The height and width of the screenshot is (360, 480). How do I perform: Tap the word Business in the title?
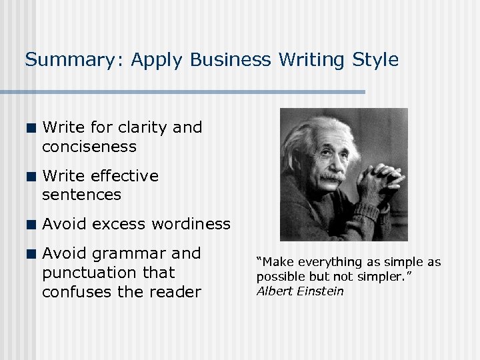click(x=230, y=60)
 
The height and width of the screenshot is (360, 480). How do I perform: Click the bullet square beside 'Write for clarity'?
click(x=31, y=128)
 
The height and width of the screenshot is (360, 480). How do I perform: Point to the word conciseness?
click(x=89, y=147)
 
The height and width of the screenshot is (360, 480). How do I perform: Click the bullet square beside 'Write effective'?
click(x=31, y=177)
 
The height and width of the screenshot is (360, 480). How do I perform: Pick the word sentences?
click(x=81, y=195)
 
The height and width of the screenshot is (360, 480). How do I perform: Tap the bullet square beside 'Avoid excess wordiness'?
click(x=31, y=225)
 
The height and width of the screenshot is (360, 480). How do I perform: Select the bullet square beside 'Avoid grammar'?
click(x=31, y=254)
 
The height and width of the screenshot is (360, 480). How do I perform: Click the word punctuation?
click(x=108, y=273)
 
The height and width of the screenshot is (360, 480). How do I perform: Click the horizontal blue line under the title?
click(x=193, y=92)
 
